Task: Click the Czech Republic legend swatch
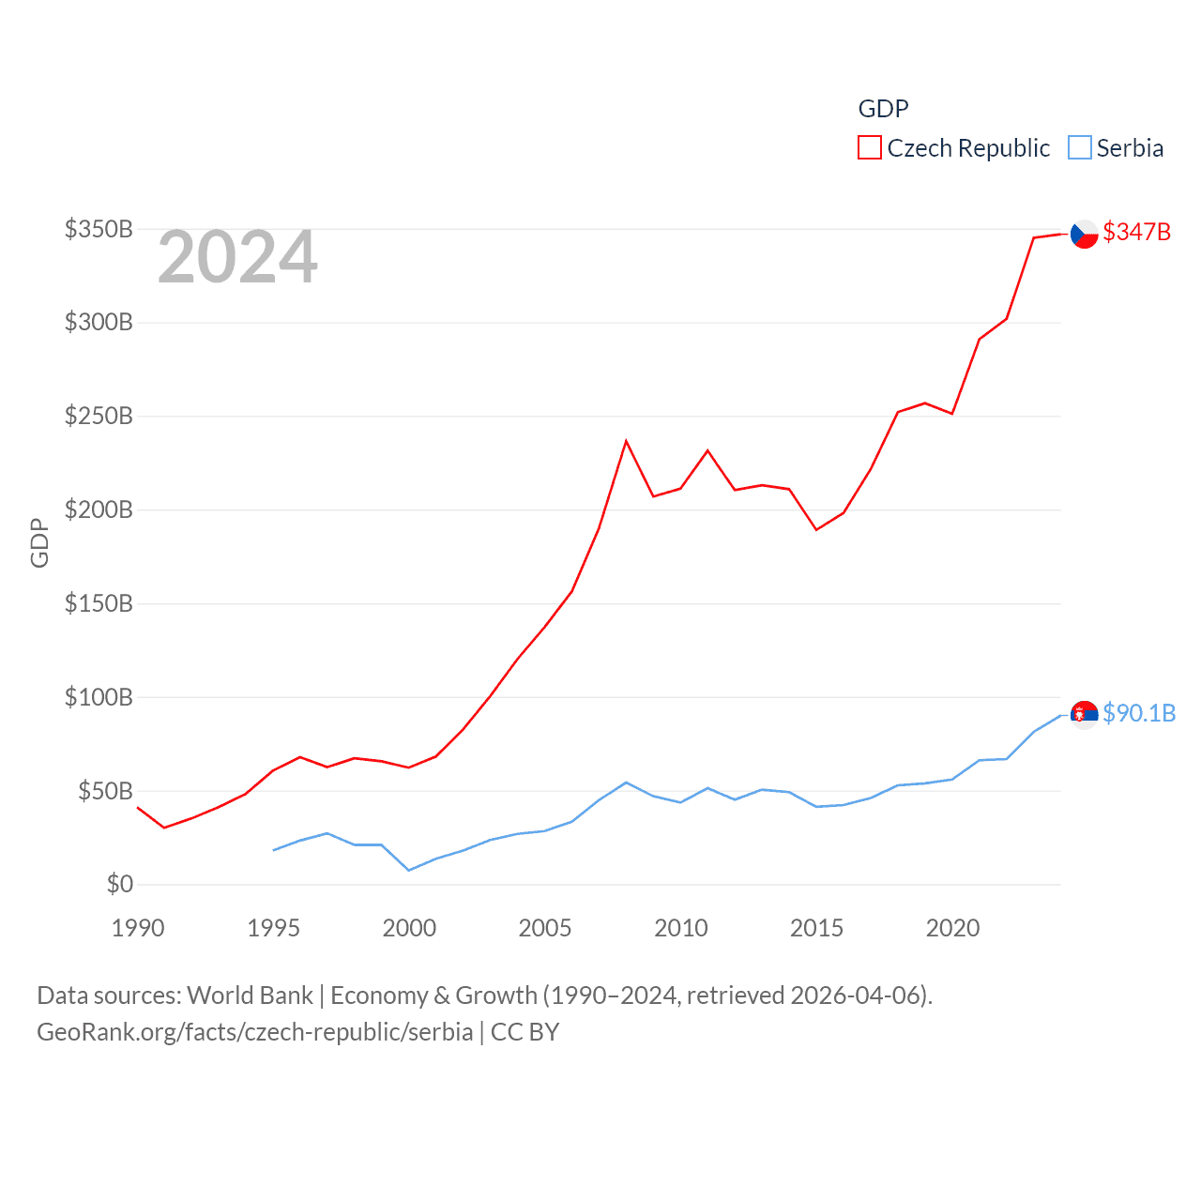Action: [870, 148]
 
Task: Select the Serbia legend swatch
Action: [1080, 148]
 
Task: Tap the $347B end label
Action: [1136, 232]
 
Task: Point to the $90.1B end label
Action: [1139, 713]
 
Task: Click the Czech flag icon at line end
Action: [1084, 234]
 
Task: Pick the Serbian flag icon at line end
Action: [1084, 715]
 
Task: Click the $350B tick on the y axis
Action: [99, 229]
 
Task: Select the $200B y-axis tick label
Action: [99, 509]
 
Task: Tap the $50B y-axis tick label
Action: [105, 791]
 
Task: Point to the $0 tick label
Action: [120, 884]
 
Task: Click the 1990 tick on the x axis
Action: [138, 928]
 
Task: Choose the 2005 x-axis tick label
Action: [545, 928]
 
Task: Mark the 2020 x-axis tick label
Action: [952, 928]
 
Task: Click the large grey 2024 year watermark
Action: [237, 257]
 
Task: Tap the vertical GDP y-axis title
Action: [39, 542]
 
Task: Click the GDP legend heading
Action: [883, 109]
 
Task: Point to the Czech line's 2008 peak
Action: [626, 441]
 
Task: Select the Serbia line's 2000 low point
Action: [409, 870]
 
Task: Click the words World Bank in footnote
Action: [250, 995]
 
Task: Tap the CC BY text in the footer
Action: [524, 1032]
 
